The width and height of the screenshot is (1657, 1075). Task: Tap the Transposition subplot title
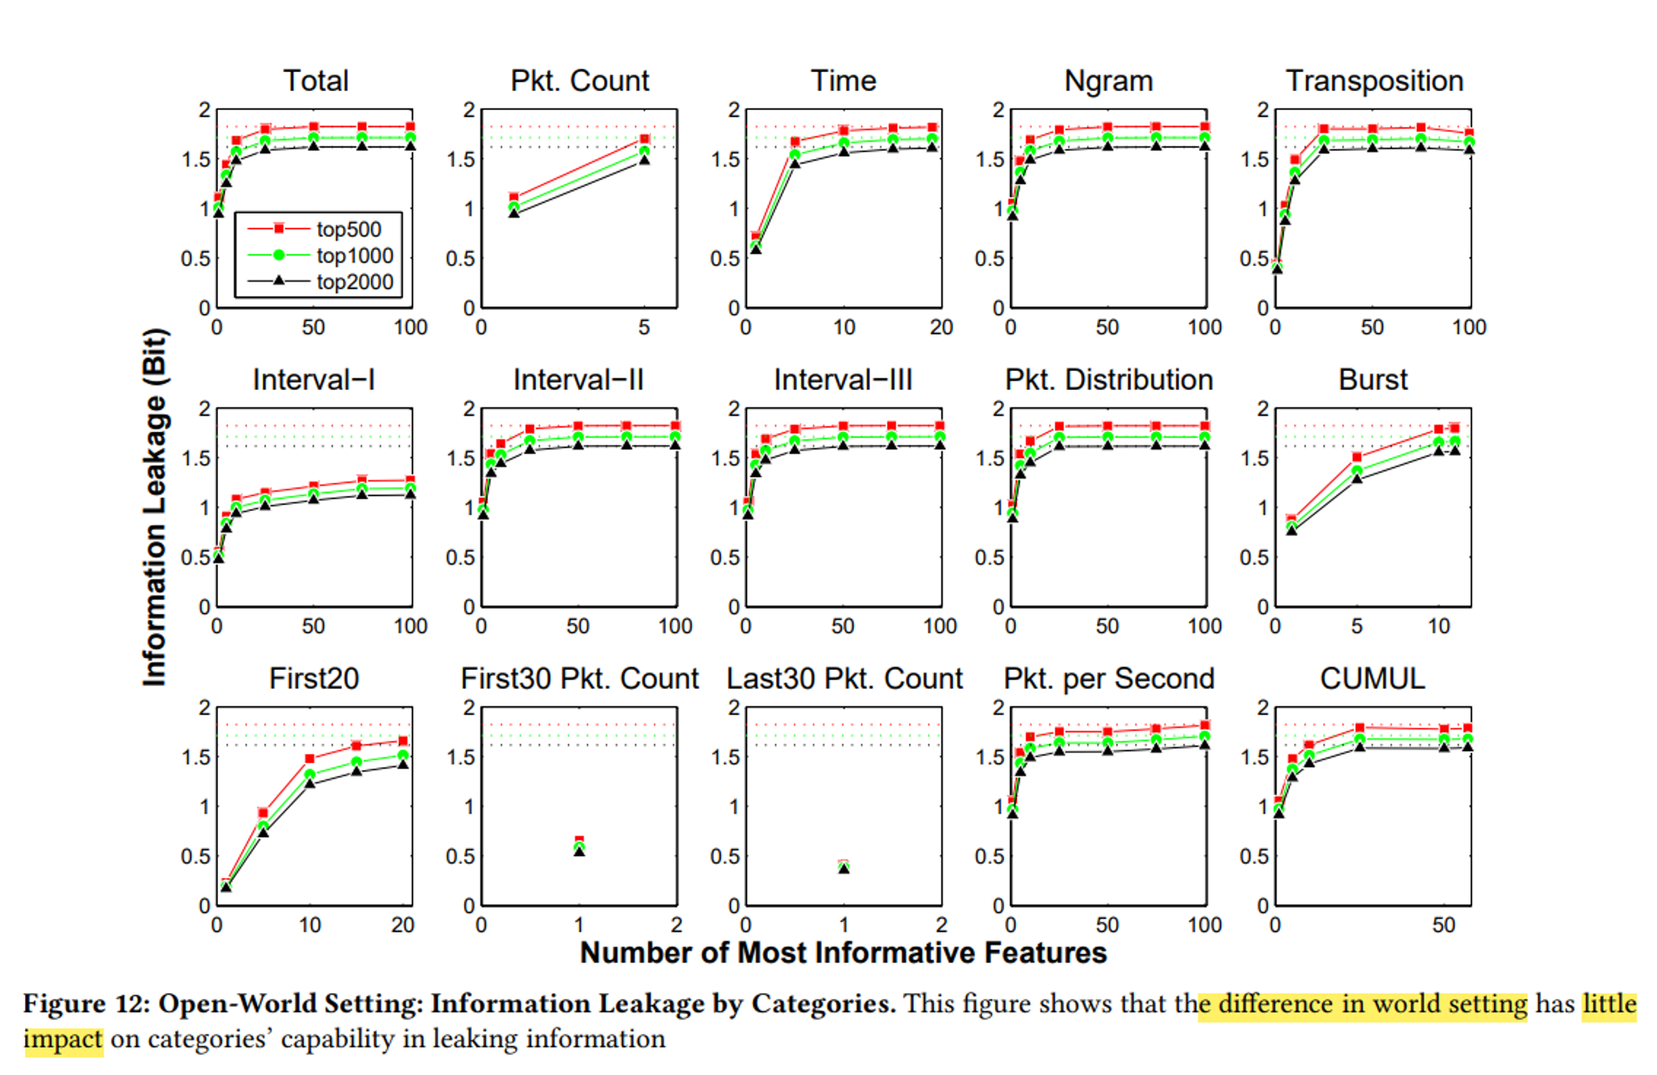(1374, 81)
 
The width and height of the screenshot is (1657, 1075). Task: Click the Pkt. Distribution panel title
(1109, 380)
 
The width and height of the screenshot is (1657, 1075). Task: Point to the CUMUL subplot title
(1372, 679)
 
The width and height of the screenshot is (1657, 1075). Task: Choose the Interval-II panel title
(578, 380)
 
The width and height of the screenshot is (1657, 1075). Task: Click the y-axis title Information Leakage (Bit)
(156, 507)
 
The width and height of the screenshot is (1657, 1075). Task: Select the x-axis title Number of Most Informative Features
(843, 953)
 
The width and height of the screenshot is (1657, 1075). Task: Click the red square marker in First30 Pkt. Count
(579, 841)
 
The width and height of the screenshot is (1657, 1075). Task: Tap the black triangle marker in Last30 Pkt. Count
(843, 869)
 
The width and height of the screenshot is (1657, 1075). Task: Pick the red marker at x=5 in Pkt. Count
(645, 139)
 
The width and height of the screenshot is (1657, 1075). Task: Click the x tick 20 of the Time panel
(941, 328)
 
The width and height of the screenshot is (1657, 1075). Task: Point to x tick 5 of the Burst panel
(1356, 627)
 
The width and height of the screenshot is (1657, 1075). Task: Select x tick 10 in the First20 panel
(310, 926)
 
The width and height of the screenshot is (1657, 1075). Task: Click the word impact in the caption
(63, 1039)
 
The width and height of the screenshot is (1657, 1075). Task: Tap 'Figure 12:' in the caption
(86, 1004)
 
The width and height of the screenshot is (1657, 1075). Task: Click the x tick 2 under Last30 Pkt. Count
(941, 926)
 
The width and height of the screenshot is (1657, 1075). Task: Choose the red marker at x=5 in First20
(263, 813)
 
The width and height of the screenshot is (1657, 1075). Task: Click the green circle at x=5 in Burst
(1357, 471)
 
